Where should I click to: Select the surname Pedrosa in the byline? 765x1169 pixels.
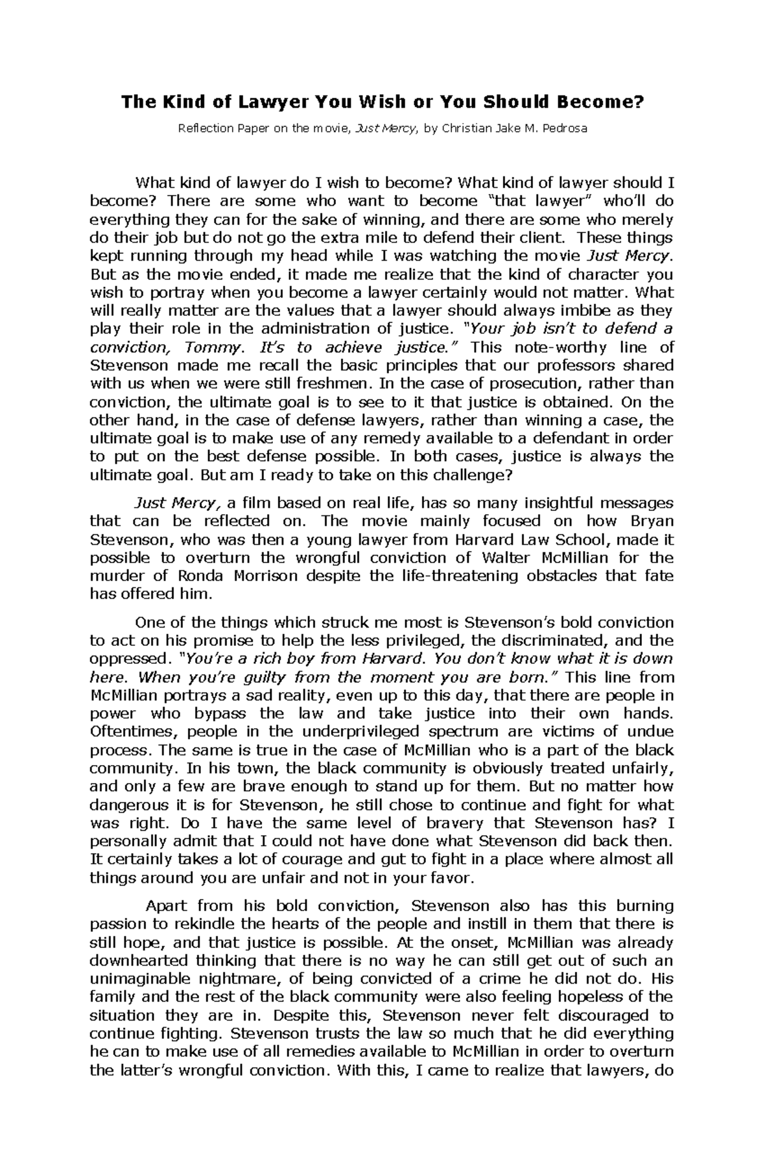562,128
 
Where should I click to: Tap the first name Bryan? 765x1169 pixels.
651,520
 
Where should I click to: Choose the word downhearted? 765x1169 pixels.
138,961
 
